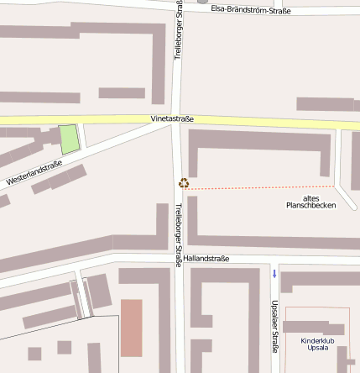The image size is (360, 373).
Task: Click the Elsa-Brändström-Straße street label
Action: pos(251,10)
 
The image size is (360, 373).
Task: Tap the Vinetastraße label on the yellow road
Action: pos(172,119)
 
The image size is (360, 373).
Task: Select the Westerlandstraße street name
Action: pos(34,173)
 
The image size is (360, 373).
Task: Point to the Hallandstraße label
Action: pos(206,258)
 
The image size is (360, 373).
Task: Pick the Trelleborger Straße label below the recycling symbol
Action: pos(178,234)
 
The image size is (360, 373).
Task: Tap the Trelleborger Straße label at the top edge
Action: pos(178,29)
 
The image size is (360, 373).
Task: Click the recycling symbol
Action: pos(184,182)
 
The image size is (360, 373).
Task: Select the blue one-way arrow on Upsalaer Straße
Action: pos(274,273)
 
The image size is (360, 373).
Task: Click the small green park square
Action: pos(69,139)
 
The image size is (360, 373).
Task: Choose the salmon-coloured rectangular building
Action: pos(132,327)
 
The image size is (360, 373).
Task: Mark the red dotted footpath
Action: pos(260,187)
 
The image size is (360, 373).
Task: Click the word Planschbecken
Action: pos(310,205)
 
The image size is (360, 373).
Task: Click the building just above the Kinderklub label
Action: pos(313,328)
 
